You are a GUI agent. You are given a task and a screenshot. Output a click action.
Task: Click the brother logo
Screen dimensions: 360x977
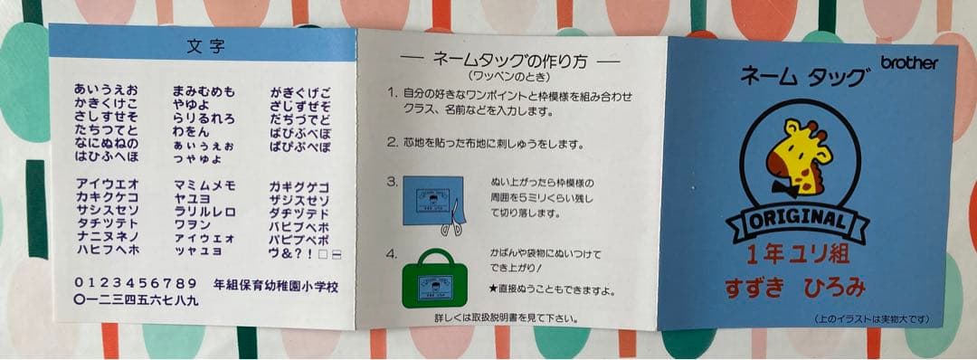tap(910, 62)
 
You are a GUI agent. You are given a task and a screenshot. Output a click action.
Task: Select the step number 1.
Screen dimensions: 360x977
tap(392, 94)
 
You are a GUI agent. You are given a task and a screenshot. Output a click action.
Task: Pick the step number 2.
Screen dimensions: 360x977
tap(392, 143)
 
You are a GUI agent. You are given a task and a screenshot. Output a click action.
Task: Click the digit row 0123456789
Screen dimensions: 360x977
tap(136, 282)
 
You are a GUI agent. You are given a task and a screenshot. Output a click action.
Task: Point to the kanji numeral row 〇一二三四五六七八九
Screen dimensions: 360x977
tap(136, 298)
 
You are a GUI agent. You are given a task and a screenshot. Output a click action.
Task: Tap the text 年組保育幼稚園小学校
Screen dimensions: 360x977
tap(276, 285)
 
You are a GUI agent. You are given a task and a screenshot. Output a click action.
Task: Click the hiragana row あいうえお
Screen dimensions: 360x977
tap(106, 90)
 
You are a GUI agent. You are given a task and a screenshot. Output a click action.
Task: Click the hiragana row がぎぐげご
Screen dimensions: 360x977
tap(300, 92)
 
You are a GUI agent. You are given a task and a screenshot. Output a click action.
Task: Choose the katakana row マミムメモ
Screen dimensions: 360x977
tap(204, 185)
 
